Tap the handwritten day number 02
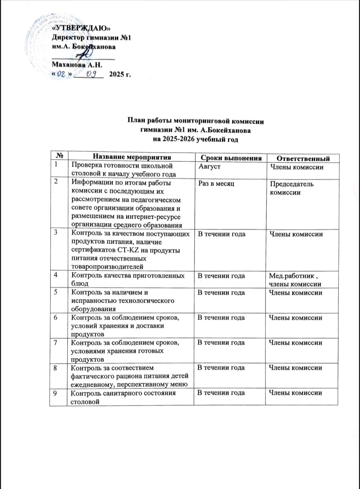(x=61, y=74)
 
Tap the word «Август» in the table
(x=209, y=166)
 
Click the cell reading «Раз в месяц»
(x=216, y=184)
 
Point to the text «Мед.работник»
(x=291, y=276)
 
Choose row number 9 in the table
(x=55, y=393)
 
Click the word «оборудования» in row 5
(x=94, y=309)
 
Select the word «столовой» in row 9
(x=85, y=402)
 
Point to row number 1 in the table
(x=56, y=164)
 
